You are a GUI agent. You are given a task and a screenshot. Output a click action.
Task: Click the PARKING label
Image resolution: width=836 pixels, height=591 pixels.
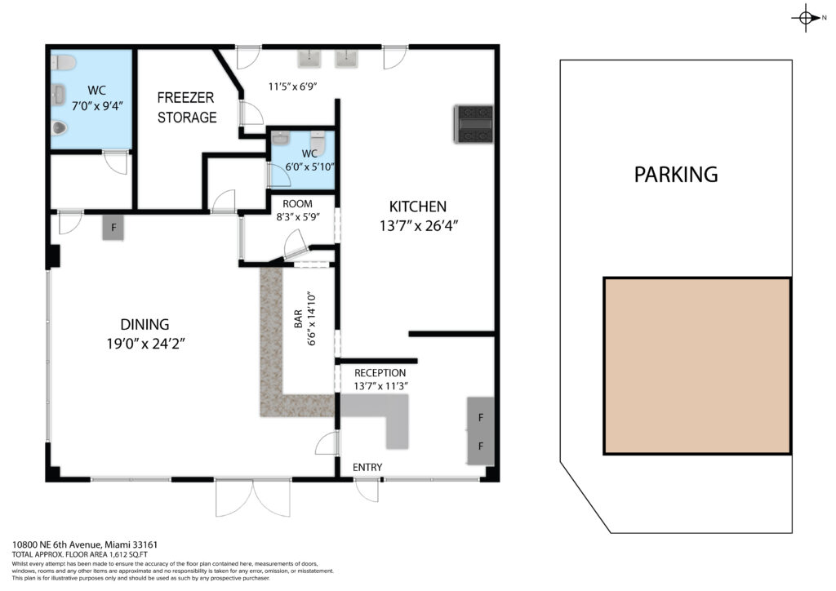click(x=675, y=175)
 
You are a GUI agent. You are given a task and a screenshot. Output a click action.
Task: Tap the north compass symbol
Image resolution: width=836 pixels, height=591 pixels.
click(x=807, y=18)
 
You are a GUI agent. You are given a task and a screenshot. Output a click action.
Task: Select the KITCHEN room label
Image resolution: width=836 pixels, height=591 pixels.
click(x=417, y=207)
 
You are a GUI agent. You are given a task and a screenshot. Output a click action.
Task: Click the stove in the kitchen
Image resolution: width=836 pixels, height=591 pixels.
click(x=474, y=124)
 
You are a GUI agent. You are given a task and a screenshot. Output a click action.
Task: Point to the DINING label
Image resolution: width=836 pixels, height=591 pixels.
click(x=145, y=325)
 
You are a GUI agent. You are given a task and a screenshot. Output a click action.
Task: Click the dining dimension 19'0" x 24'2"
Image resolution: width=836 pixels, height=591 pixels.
click(x=145, y=344)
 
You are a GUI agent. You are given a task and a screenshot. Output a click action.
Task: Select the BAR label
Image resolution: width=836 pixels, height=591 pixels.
click(x=298, y=318)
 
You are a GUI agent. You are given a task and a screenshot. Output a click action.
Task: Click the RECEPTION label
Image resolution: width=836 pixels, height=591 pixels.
click(x=380, y=373)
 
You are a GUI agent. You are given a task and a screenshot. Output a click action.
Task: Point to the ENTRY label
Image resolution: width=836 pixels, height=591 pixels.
click(x=367, y=468)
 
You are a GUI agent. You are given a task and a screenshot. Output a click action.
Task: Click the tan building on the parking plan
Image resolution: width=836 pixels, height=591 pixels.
click(x=697, y=366)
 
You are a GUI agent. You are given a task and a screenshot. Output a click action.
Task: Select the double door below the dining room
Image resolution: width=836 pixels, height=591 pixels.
click(x=253, y=498)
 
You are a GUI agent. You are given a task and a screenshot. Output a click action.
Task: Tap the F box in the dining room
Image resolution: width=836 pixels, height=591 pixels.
click(x=113, y=228)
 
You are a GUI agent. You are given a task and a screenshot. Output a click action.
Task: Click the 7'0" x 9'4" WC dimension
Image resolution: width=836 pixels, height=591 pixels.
click(x=98, y=105)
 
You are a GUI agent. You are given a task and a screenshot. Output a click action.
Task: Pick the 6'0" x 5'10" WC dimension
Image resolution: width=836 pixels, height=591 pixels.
click(x=309, y=167)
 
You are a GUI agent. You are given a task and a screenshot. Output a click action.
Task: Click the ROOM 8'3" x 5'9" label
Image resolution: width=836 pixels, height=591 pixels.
click(x=298, y=210)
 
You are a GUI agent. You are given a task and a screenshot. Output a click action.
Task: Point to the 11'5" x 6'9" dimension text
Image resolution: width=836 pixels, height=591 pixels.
click(x=293, y=87)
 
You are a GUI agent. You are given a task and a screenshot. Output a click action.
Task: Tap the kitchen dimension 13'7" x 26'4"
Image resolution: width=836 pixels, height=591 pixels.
click(x=419, y=226)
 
